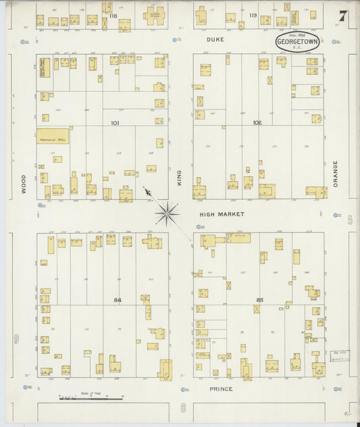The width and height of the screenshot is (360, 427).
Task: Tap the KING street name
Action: click(180, 178)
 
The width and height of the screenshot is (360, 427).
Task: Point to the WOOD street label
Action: click(23, 184)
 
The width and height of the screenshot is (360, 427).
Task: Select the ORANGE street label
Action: click(334, 173)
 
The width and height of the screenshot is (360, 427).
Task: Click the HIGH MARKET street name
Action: click(221, 214)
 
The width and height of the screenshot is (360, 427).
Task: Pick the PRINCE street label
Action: click(220, 389)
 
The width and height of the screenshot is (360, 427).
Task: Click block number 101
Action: click(114, 124)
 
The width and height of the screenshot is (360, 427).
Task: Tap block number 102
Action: click(257, 123)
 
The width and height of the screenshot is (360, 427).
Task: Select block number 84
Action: click(118, 299)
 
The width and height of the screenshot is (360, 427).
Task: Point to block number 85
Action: click(261, 300)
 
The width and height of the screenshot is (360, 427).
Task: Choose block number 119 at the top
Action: click(253, 15)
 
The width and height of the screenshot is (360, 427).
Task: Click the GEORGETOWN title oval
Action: click(297, 42)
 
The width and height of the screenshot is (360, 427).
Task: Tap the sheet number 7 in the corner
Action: click(342, 16)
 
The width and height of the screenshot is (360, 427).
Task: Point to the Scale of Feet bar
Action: click(81, 399)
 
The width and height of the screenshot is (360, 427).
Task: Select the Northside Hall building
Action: click(53, 134)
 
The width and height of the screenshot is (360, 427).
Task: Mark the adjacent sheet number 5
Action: click(351, 221)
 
